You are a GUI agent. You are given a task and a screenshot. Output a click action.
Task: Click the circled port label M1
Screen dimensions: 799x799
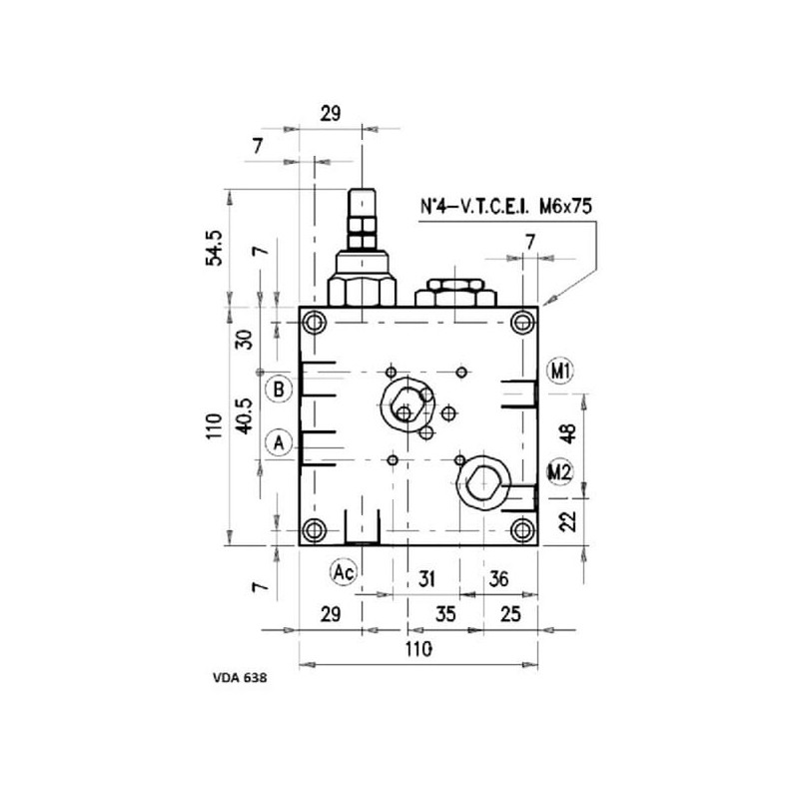click(560, 371)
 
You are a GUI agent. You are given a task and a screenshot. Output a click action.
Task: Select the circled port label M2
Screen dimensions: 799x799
click(559, 471)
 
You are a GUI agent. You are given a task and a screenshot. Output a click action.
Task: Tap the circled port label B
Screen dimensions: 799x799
click(279, 390)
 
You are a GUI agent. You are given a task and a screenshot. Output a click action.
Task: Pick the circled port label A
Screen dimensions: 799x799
click(279, 442)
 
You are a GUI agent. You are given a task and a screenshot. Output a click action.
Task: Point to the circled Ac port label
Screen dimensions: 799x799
click(344, 572)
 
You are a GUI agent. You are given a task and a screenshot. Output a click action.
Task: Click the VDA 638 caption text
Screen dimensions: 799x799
click(240, 678)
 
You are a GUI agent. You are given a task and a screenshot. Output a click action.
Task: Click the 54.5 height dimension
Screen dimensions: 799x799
click(215, 248)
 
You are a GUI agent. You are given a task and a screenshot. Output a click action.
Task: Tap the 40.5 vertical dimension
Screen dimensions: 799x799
click(245, 415)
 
